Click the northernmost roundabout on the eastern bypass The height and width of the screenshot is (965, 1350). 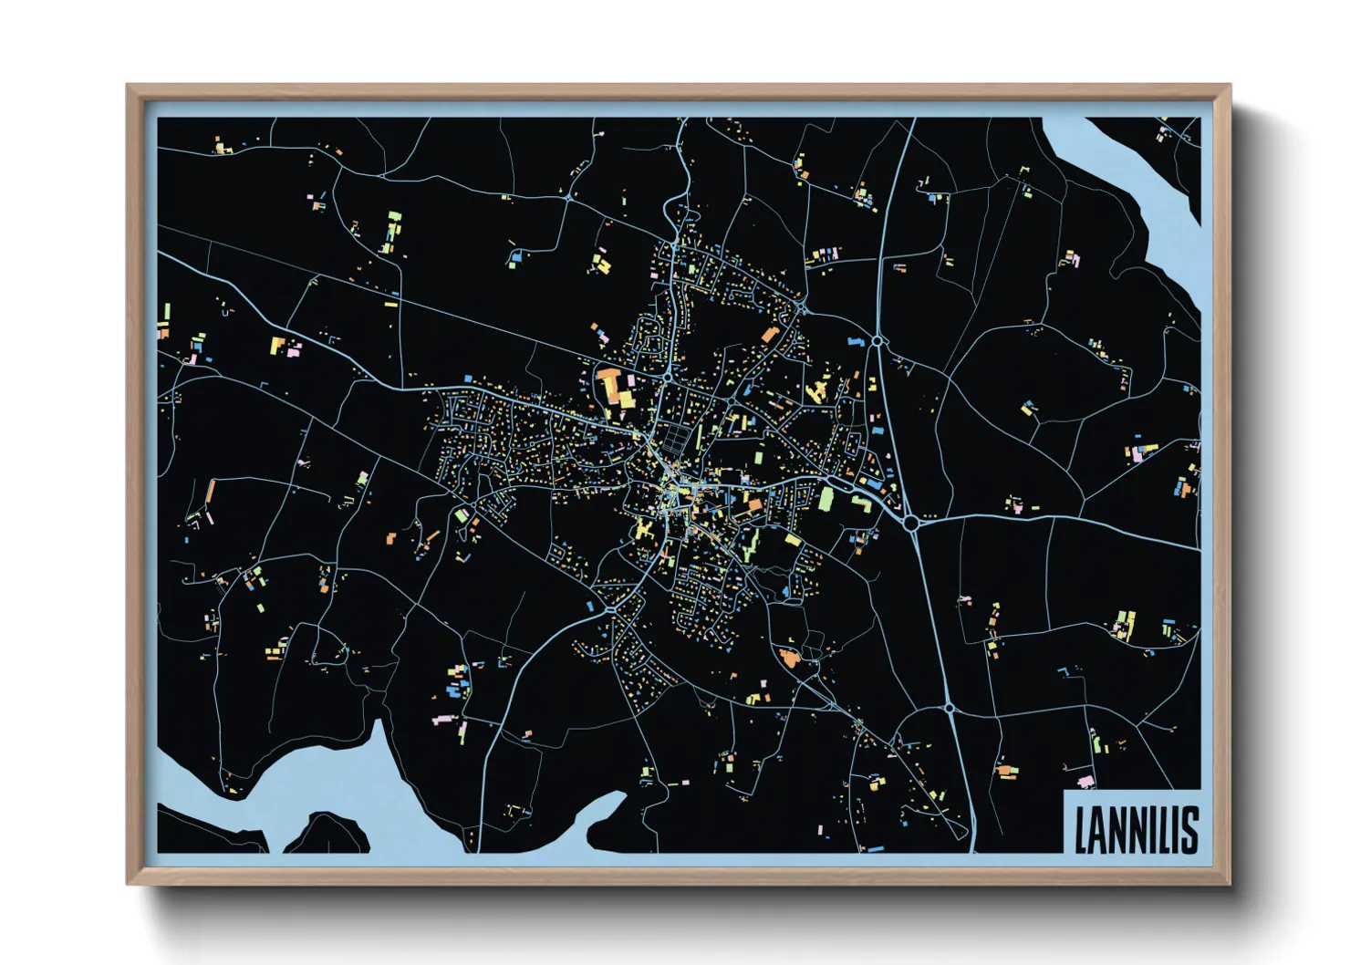pos(877,340)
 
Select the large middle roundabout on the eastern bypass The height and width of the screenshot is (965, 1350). pos(910,523)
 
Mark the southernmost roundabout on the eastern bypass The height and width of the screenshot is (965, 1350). pos(949,708)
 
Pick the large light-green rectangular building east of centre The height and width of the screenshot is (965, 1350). pos(826,500)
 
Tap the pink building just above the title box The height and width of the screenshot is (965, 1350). pos(1085,782)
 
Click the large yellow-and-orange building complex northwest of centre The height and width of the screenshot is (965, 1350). pos(617,387)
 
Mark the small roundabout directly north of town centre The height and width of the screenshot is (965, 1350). pos(668,375)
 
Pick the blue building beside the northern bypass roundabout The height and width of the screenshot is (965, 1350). pos(856,342)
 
